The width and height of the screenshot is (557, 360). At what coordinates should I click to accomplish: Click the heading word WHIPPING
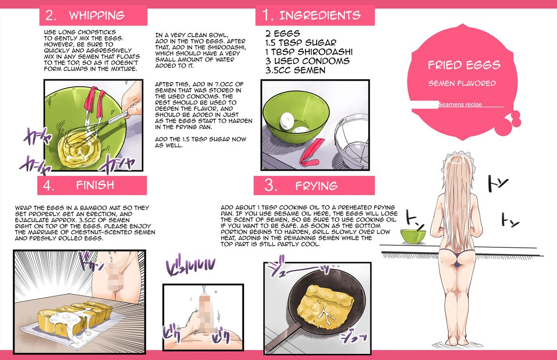point(97,15)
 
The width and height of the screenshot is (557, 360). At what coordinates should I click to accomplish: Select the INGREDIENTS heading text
point(319,15)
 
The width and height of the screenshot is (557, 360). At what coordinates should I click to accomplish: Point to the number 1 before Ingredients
point(267,15)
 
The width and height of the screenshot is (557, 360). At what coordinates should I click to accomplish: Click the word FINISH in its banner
point(95,185)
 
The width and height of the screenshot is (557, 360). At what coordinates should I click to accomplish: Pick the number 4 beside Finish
point(49,186)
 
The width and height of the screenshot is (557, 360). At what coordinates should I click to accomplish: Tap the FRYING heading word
point(316,186)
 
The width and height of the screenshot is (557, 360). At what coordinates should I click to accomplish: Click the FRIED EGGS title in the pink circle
point(464,64)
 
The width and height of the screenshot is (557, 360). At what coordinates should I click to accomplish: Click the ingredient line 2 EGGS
point(283,34)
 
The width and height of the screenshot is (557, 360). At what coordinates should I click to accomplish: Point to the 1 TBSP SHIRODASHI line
point(309,51)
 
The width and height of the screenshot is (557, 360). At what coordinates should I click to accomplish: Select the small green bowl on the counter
point(413,235)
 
